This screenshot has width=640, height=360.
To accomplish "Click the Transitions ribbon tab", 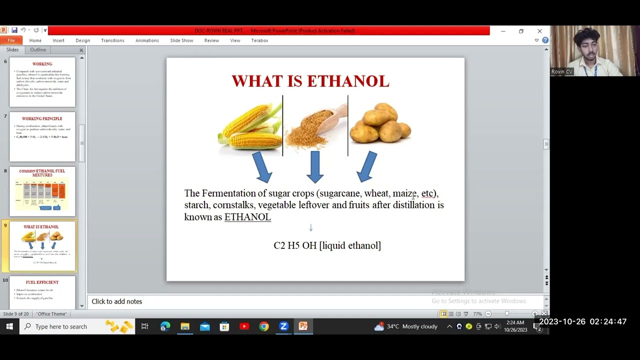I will pyautogui.click(x=112, y=40).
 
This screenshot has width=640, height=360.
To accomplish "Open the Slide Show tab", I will pyautogui.click(x=181, y=40).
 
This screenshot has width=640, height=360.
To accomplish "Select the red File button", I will pyautogui.click(x=11, y=40).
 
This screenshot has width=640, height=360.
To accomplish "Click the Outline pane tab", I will pyautogui.click(x=38, y=50).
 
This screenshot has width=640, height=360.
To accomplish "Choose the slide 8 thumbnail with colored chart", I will pyautogui.click(x=42, y=191).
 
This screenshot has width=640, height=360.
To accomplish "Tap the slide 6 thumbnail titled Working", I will pyautogui.click(x=42, y=81).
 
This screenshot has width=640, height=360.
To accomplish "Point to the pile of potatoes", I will pyautogui.click(x=380, y=123).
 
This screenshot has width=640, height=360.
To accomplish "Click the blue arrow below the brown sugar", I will pyautogui.click(x=315, y=166).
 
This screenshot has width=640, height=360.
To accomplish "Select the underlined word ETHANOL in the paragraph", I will pyautogui.click(x=247, y=217).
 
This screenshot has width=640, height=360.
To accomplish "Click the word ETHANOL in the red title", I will pyautogui.click(x=348, y=81).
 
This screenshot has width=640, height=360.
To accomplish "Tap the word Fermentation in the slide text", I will pyautogui.click(x=228, y=193).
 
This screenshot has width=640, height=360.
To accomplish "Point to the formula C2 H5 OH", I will pyautogui.click(x=295, y=245).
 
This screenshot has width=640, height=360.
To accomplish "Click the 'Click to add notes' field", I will pyautogui.click(x=117, y=301).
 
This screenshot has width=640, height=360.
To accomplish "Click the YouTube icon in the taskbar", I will pyautogui.click(x=244, y=326).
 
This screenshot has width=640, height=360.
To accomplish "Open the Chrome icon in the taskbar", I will pyautogui.click(x=264, y=326).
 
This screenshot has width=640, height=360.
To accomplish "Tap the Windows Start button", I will pyautogui.click(x=9, y=326).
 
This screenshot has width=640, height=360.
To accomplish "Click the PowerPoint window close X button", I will pyautogui.click(x=539, y=31).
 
